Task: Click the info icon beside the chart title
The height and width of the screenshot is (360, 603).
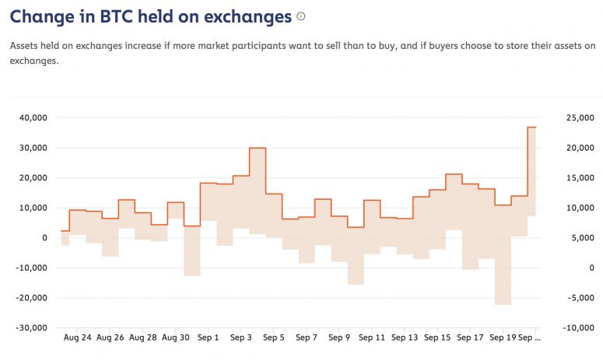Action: (301, 16)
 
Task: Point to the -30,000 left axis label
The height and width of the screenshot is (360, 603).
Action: (30, 327)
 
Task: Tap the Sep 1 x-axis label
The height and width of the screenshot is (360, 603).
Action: (209, 338)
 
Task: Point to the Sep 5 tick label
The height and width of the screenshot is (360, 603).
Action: (274, 338)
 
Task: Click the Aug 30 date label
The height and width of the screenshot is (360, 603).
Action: (176, 338)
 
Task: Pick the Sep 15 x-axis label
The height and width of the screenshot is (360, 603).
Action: (438, 338)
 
